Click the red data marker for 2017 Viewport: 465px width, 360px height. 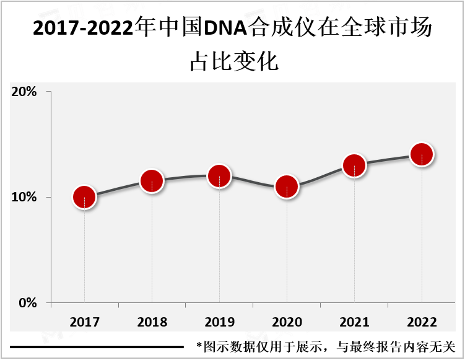point(84,198)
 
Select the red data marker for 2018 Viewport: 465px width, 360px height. point(152,181)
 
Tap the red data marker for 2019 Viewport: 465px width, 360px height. point(219,176)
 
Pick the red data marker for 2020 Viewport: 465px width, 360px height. point(287,187)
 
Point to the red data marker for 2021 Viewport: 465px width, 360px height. point(354,165)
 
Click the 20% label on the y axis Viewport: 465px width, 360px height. point(24,92)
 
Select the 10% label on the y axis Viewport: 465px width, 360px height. point(24,198)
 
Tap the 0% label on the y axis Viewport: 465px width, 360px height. point(28,303)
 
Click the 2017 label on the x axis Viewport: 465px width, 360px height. point(84,322)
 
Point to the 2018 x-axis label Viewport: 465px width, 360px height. point(152,322)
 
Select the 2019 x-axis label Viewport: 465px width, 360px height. point(219,322)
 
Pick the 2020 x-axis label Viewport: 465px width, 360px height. point(287,322)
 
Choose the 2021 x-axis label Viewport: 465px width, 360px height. point(354,322)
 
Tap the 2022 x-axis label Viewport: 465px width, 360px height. point(422,322)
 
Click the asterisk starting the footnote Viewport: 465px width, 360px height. point(199,346)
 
